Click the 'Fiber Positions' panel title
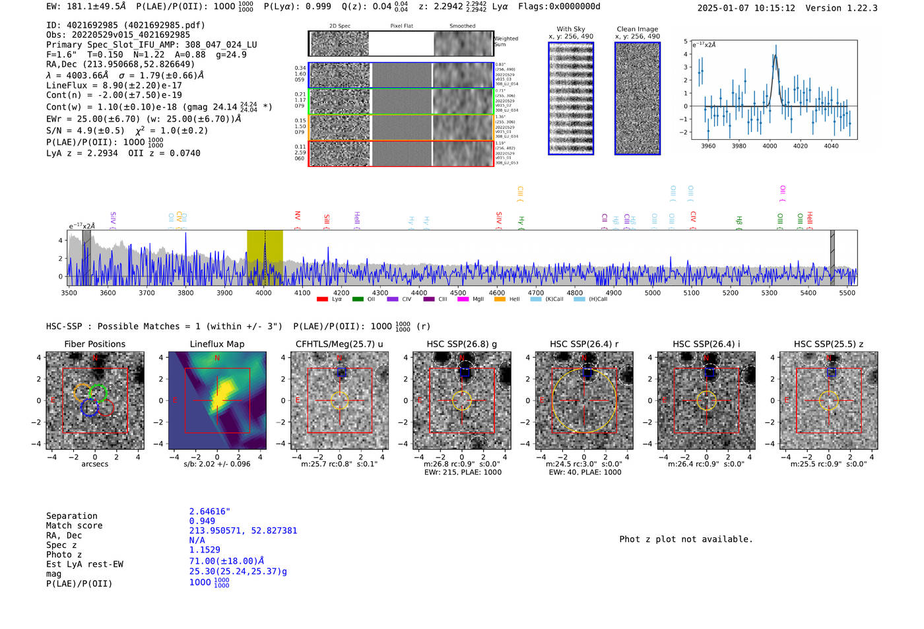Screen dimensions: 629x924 (x=94, y=344)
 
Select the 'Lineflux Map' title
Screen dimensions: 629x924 (x=217, y=344)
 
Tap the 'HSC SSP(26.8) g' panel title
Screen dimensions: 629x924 (x=462, y=344)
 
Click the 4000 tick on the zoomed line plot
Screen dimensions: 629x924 (x=770, y=146)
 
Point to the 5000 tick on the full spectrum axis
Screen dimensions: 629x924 (x=652, y=292)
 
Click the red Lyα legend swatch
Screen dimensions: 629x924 (x=322, y=300)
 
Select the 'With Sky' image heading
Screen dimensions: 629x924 (x=571, y=29)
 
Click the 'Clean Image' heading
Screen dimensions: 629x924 (x=638, y=29)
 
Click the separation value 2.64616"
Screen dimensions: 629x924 (x=210, y=512)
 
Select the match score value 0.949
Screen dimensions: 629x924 (x=202, y=521)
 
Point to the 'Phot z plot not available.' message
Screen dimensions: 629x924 (x=686, y=539)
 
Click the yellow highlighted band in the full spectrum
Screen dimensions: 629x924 (x=265, y=257)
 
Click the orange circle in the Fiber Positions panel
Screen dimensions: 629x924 (x=82, y=392)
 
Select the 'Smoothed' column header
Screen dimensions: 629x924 (x=462, y=26)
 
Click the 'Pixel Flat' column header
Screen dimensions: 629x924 (x=401, y=26)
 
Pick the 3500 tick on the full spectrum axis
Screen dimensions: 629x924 (x=69, y=292)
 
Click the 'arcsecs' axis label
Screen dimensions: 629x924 (x=94, y=464)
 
